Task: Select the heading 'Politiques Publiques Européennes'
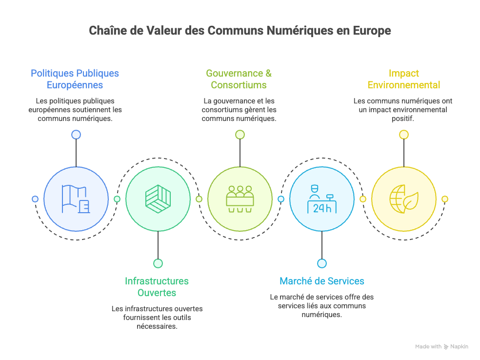coord(75,79)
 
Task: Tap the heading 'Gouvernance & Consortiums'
coord(239,79)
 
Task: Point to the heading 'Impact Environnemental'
coord(403,79)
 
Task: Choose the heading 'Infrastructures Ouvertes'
coord(157,287)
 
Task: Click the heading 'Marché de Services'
coord(321,281)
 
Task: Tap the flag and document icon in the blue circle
coord(76,199)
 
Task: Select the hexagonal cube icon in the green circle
coord(158,199)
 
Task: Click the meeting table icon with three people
coord(240,199)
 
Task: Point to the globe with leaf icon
coord(403,199)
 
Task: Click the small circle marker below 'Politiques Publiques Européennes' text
coord(76,135)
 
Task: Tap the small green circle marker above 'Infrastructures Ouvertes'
coord(158,263)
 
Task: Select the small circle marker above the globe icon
coord(403,135)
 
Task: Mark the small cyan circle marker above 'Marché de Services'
coord(321,263)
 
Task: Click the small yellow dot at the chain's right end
coord(444,199)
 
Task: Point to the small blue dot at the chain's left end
coord(35,199)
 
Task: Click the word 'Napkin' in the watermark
coord(459,346)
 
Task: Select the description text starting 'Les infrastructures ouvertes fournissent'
coord(157,317)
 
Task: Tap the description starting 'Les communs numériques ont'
coord(403,110)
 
